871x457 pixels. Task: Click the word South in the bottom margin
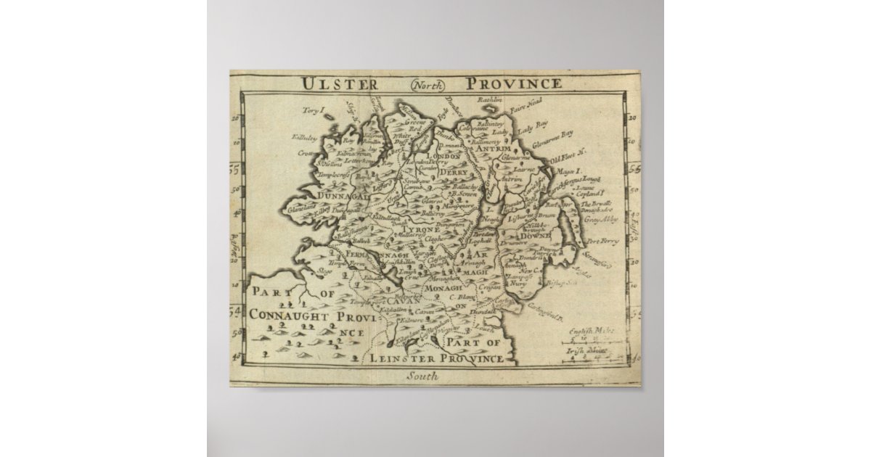[x=423, y=376]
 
